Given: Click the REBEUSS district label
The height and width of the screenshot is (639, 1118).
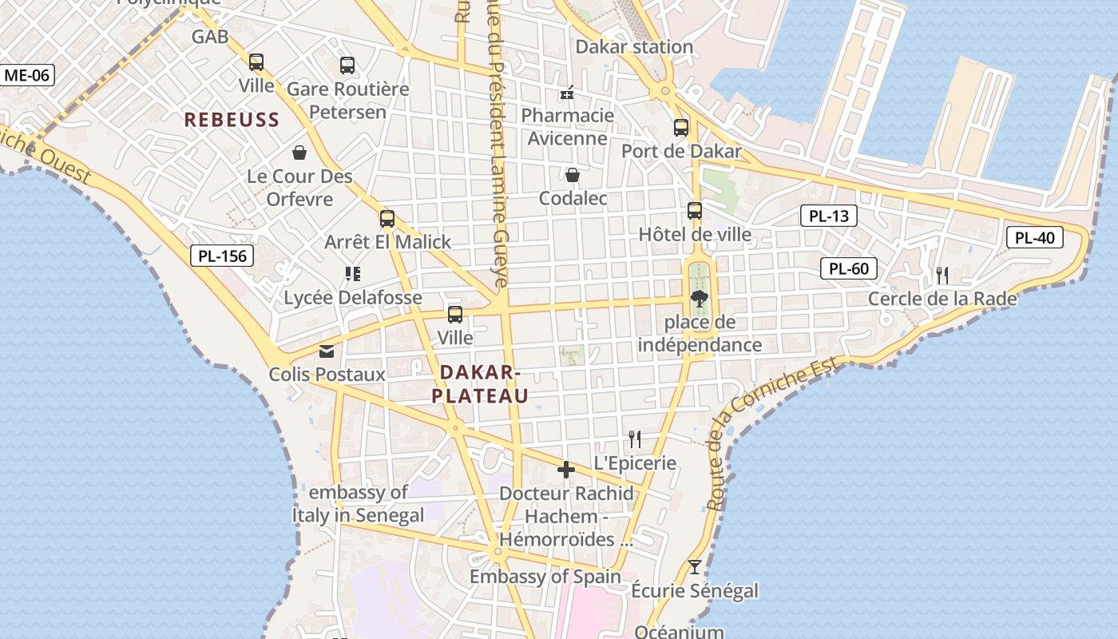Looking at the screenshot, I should click(x=232, y=120).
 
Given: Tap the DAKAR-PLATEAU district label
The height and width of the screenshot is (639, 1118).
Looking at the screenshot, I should click(x=480, y=383).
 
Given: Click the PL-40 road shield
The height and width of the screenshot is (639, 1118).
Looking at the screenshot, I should click(x=1035, y=237).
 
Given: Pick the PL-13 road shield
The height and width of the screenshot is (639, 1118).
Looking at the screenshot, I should click(x=829, y=216).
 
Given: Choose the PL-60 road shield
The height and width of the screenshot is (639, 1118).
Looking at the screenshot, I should click(x=849, y=268).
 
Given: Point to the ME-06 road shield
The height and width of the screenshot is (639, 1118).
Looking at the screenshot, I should click(x=27, y=76).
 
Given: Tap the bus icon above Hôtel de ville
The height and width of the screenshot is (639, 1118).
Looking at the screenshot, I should click(x=695, y=211).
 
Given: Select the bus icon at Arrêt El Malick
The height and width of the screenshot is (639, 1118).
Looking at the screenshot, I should click(x=387, y=218).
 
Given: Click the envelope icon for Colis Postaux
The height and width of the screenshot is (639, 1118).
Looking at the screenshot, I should click(x=327, y=351).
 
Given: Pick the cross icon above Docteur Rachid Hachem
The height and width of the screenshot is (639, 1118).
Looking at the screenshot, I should click(x=566, y=470).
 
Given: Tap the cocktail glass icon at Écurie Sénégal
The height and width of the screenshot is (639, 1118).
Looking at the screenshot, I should click(x=695, y=567).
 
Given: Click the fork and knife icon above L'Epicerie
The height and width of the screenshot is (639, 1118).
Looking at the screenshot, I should click(x=635, y=439).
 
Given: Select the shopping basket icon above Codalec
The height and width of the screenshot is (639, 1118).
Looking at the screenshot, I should click(x=573, y=175).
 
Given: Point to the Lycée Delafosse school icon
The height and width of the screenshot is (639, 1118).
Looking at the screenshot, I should click(x=353, y=275).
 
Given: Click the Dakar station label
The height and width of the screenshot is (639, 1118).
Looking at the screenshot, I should click(x=634, y=46).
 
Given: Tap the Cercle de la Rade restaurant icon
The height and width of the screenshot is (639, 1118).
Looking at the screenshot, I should click(x=942, y=276).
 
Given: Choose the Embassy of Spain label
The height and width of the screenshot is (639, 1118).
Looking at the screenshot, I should click(x=545, y=576).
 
